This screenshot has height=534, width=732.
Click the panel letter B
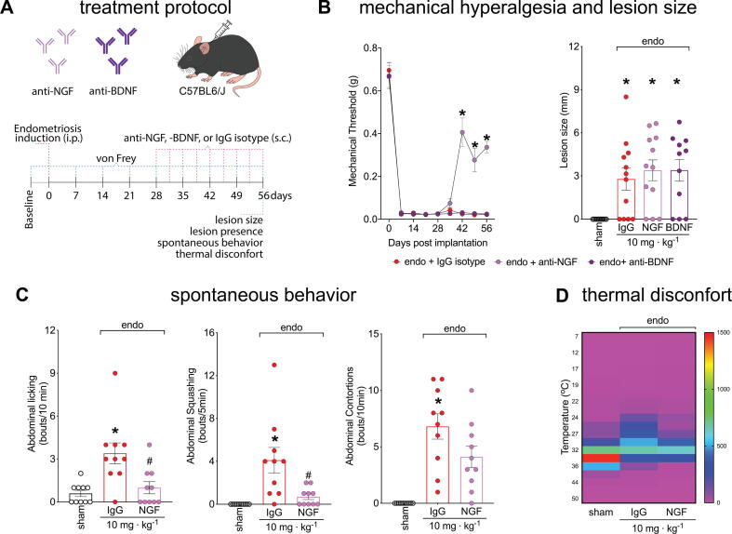click(329, 12)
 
